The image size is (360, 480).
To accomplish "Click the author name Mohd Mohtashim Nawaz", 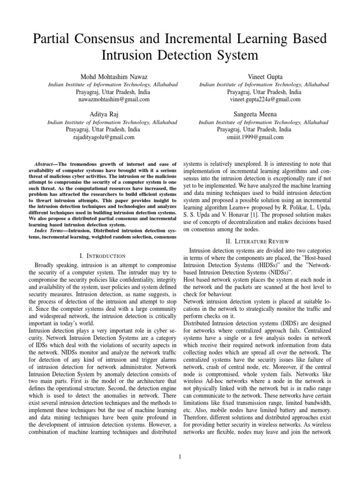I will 112,76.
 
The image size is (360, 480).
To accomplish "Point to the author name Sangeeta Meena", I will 256,114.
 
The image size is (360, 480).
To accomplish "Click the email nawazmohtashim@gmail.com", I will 112,99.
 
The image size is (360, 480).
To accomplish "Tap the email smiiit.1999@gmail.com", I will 256,137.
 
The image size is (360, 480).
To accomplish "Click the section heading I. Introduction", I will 103,255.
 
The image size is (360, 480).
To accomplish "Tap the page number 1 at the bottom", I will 180,457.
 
